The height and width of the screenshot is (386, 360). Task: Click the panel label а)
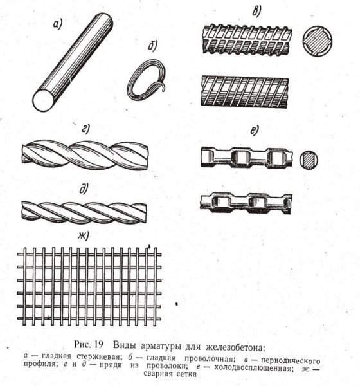[58, 25]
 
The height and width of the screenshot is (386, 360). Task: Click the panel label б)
[152, 46]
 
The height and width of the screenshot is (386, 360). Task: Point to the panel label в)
[256, 11]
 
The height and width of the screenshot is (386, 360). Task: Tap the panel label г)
[85, 129]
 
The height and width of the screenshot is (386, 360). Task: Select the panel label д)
[84, 188]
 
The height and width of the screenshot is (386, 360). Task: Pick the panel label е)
[255, 130]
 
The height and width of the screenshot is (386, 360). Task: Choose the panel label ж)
[83, 236]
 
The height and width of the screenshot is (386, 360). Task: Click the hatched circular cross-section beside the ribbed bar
[318, 42]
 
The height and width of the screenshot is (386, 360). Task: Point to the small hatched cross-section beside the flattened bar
[309, 160]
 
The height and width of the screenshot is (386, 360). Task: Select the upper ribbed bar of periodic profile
[247, 39]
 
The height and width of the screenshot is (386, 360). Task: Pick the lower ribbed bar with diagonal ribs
[245, 91]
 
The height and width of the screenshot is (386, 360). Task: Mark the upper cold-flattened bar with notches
[247, 158]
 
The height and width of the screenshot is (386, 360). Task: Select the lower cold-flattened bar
[247, 203]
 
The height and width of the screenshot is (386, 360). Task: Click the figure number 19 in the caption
[98, 344]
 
